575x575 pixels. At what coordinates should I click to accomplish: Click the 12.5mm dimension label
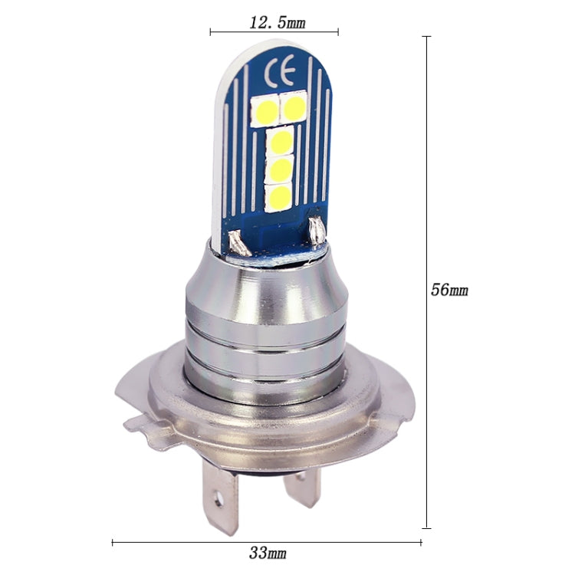277,22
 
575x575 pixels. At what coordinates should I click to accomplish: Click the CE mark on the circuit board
277,74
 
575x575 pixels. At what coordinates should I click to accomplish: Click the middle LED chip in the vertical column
281,168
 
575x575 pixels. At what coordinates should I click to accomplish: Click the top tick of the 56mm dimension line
426,36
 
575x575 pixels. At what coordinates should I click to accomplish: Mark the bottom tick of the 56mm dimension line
426,527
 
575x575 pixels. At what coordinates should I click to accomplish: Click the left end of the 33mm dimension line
113,543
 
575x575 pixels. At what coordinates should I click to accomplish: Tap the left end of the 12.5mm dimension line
210,32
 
